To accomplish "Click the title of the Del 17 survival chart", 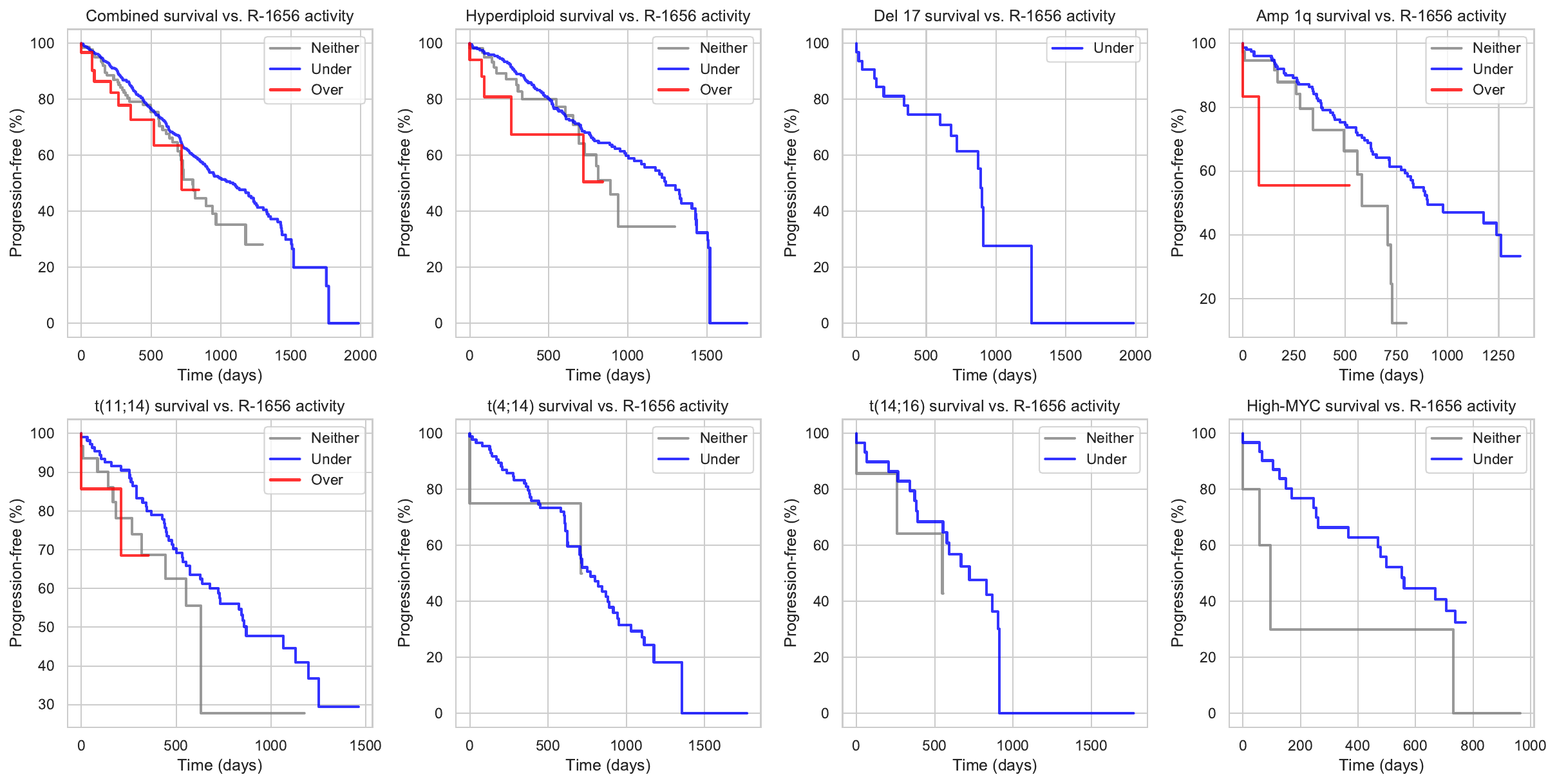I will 994,16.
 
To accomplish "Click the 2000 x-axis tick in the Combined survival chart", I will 360,355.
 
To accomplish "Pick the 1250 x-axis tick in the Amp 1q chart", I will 1498,355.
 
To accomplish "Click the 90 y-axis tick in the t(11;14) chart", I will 46,472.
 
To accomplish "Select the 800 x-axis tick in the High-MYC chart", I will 1472,745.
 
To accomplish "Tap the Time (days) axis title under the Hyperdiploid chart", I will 608,375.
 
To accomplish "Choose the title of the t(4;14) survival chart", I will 608,406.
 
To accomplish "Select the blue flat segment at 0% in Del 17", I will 1082,323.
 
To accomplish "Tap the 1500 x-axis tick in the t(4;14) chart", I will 704,745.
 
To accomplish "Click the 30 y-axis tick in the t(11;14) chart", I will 46,705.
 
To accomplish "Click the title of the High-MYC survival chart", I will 1381,406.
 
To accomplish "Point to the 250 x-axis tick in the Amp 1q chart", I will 1294,355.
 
